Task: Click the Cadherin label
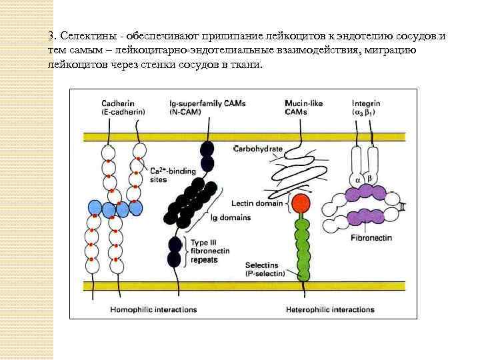(117, 103)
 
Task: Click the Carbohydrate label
(259, 148)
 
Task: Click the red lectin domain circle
(301, 203)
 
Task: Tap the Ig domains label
(227, 217)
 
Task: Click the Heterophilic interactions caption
(330, 309)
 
